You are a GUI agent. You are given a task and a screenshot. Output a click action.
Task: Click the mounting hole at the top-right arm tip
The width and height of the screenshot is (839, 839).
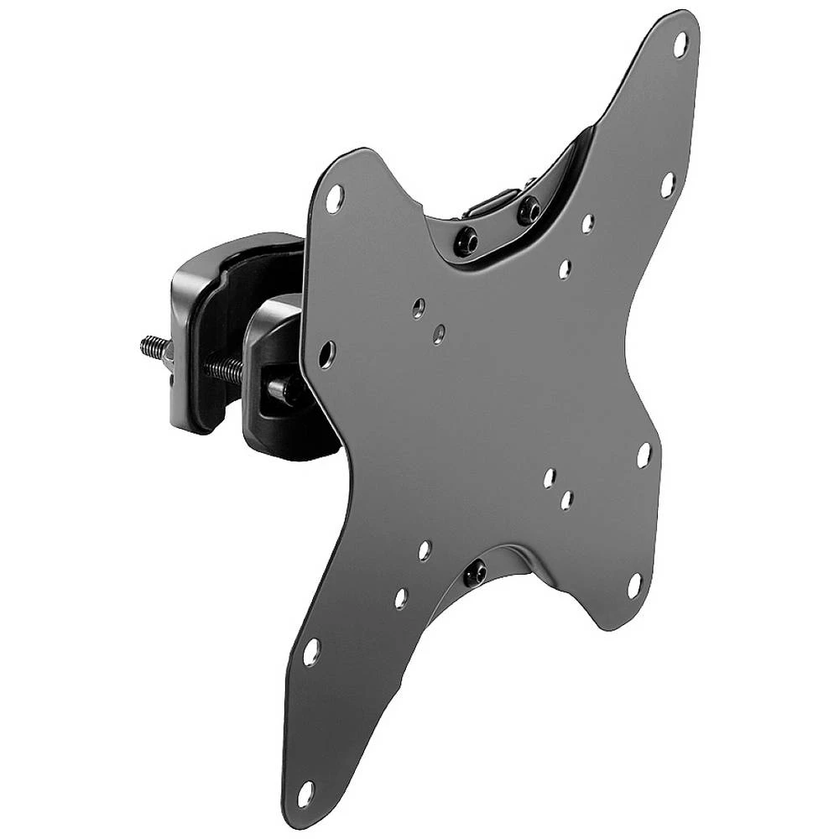pyautogui.click(x=680, y=44)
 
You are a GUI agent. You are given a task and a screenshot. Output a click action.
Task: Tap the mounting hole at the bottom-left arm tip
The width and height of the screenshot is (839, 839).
pyautogui.click(x=305, y=793)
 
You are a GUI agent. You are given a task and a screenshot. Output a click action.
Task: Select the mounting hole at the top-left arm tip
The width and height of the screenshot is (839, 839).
pyautogui.click(x=334, y=198)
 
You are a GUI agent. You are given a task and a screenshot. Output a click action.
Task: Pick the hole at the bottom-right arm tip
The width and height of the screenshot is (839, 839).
pyautogui.click(x=634, y=586)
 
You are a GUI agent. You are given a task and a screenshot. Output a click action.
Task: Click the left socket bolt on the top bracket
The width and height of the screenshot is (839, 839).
pyautogui.click(x=466, y=242)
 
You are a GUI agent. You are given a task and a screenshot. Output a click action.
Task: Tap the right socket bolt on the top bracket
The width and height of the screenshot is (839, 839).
pyautogui.click(x=529, y=209)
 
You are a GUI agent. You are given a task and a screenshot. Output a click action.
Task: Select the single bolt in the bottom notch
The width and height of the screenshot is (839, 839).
pyautogui.click(x=475, y=573)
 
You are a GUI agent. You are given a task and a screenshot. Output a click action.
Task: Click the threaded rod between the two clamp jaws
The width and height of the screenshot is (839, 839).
pyautogui.click(x=223, y=368)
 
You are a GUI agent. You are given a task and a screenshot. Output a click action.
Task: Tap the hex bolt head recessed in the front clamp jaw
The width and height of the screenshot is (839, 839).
pyautogui.click(x=282, y=388)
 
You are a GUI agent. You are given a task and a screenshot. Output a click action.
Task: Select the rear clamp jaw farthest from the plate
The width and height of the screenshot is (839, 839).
pyautogui.click(x=197, y=336)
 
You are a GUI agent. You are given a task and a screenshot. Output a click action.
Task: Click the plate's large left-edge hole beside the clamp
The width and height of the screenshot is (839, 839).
pyautogui.click(x=326, y=354)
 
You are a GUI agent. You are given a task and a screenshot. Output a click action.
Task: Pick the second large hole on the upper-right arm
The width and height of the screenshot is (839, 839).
pyautogui.click(x=667, y=185)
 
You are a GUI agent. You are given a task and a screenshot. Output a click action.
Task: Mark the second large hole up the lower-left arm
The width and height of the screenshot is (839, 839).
pyautogui.click(x=311, y=652)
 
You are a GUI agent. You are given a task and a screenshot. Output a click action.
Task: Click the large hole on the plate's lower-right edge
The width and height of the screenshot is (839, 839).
pyautogui.click(x=644, y=456)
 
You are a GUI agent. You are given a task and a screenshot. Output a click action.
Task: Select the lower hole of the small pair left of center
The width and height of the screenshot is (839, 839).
pyautogui.click(x=438, y=334)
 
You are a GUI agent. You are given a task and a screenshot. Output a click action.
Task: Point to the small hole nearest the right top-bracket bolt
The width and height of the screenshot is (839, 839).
pyautogui.click(x=587, y=223)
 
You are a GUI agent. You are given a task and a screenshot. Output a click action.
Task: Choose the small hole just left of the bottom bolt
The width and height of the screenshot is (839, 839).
pyautogui.click(x=425, y=550)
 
